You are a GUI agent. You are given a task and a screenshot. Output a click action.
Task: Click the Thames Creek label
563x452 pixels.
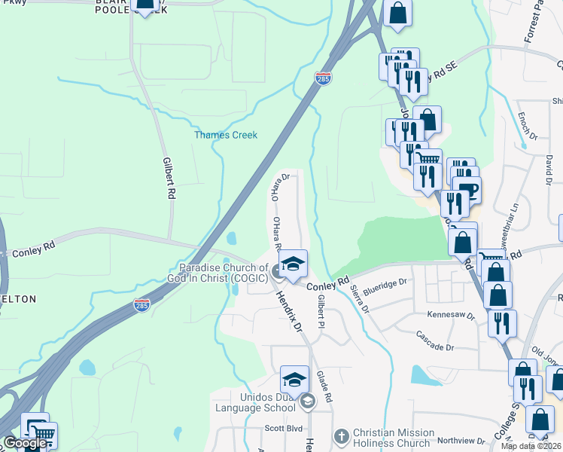(226, 136)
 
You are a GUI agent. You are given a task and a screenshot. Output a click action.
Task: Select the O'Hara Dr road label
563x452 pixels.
(280, 186)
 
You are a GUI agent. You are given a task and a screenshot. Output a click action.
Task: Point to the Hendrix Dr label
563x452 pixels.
(291, 315)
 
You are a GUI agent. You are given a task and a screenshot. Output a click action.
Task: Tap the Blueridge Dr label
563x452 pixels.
(384, 285)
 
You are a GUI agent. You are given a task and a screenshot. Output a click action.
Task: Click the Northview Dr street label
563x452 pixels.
(461, 441)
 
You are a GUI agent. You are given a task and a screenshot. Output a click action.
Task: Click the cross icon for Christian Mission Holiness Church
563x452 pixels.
(341, 435)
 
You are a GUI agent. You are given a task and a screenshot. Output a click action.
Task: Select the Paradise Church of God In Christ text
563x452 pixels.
(223, 273)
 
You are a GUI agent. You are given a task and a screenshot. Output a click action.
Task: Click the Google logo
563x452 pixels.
(24, 444)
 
